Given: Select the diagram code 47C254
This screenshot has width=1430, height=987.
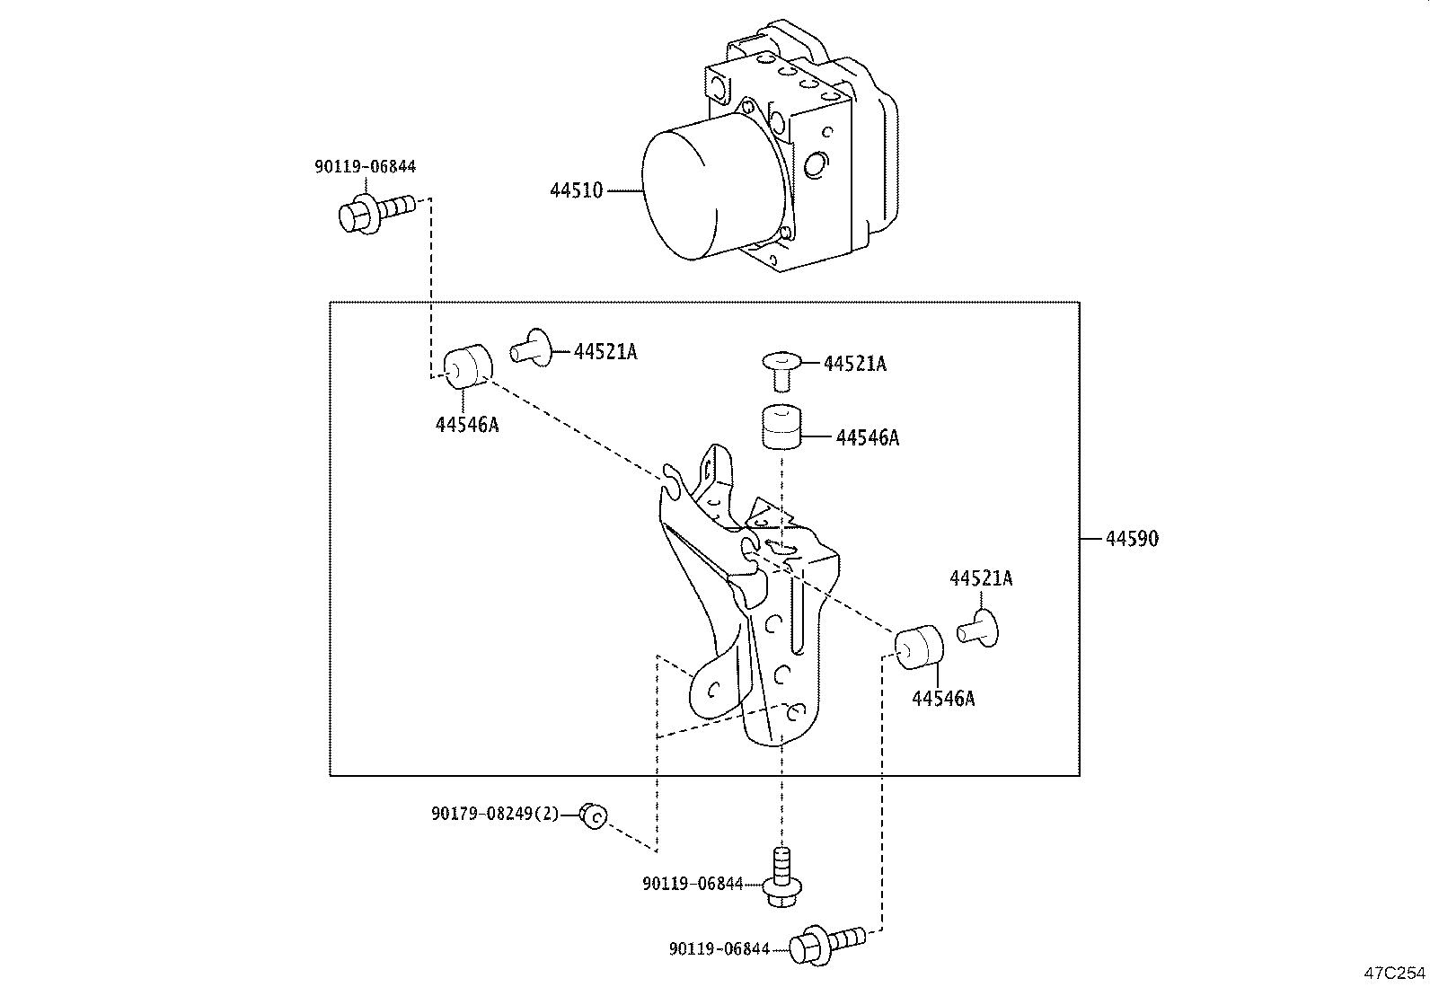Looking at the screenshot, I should [1394, 973].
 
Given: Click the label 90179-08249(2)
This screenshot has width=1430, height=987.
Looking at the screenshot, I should [495, 814].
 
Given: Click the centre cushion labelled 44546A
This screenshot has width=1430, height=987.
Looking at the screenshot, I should [781, 425].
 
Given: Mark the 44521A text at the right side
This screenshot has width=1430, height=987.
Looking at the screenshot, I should [981, 579].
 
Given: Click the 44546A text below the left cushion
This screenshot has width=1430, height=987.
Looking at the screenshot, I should [467, 425].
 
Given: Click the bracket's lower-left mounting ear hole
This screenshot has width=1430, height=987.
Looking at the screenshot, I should [713, 690].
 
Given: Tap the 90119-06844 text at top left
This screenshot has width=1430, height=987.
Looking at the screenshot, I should [366, 166].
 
